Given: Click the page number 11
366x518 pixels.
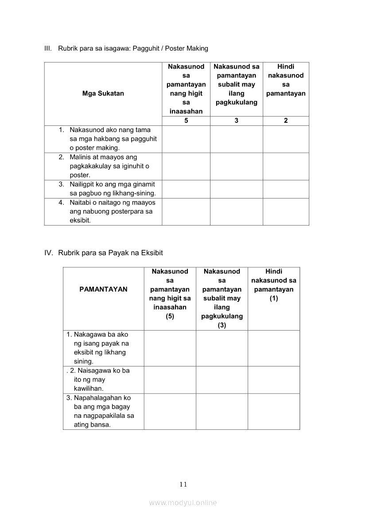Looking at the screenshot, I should [183, 484].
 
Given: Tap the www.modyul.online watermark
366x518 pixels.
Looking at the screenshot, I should [183, 502].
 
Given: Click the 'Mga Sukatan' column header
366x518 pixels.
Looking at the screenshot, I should [103, 93].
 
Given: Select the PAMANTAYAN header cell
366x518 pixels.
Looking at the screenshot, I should [103, 289].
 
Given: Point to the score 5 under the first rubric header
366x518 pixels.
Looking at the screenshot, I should [186, 121].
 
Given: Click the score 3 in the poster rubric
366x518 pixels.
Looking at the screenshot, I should [236, 121].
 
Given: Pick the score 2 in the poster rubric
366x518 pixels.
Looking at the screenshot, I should [286, 121].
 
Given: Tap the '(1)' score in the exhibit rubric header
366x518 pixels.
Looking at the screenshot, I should [274, 298].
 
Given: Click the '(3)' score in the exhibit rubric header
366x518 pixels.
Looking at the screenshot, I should [222, 325].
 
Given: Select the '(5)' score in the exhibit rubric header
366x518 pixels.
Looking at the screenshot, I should [170, 316].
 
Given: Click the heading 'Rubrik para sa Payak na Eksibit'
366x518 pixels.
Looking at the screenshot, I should [110, 253].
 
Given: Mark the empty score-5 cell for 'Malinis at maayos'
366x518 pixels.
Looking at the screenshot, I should [186, 166].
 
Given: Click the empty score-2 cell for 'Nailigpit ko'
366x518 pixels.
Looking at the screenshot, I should [286, 189].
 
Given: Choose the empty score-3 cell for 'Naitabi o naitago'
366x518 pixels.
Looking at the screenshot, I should [236, 211].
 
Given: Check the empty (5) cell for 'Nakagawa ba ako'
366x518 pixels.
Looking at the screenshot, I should [170, 348].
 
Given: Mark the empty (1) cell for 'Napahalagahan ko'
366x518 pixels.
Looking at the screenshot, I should [274, 411].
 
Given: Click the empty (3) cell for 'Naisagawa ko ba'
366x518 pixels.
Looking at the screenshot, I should [222, 379].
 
